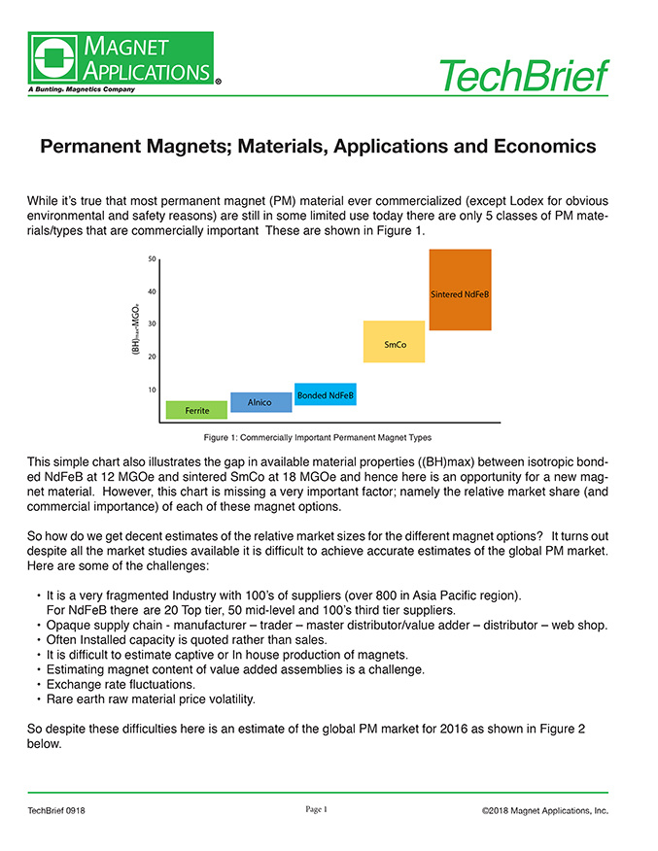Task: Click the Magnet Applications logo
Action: pyautogui.click(x=121, y=58)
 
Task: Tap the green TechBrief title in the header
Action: pyautogui.click(x=523, y=75)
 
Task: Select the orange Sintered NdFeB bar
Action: pyautogui.click(x=460, y=289)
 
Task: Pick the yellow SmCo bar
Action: pyautogui.click(x=394, y=342)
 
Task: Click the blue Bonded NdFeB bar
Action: pyautogui.click(x=325, y=394)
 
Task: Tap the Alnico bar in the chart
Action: pyautogui.click(x=260, y=402)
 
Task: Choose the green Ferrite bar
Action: pyautogui.click(x=196, y=410)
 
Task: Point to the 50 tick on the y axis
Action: pyautogui.click(x=153, y=259)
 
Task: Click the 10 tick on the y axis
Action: pyautogui.click(x=153, y=390)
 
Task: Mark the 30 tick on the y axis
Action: pyautogui.click(x=153, y=324)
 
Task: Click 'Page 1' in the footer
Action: pyautogui.click(x=317, y=809)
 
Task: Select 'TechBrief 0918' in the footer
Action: pyautogui.click(x=56, y=810)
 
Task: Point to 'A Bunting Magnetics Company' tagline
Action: pyautogui.click(x=81, y=88)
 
